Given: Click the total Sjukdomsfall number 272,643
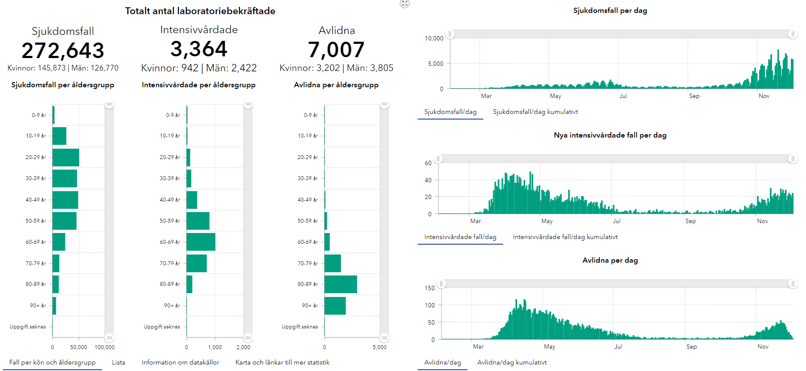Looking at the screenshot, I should coord(63,51).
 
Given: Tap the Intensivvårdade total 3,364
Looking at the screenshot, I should coord(199,49).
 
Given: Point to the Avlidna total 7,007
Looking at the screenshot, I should coord(336,50).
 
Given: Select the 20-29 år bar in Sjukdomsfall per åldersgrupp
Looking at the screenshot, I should coord(66,157).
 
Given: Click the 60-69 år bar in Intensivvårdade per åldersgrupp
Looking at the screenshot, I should coord(201,242).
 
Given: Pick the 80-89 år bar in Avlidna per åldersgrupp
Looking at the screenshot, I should coord(340,284).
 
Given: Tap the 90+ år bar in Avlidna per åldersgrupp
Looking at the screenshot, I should coord(335,306).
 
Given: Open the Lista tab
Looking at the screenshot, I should coord(119,362).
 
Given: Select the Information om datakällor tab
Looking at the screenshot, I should coord(181,362).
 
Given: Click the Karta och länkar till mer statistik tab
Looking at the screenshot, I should coord(282,362).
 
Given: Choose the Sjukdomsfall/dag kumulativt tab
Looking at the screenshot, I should coord(535,112).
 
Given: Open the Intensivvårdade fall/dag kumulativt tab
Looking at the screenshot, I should coord(565,237).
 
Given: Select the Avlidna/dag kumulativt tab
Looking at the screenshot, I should coord(512,362).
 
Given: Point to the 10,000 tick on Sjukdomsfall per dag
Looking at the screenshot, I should coord(434,38).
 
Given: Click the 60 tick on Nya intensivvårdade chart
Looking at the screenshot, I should coord(428,163).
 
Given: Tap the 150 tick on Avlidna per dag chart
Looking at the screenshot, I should coord(430,288).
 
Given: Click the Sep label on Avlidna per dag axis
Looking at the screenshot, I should coord(691,346).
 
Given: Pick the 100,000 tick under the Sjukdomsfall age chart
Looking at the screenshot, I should coord(104,347).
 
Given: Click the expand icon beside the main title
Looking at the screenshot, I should coord(405,4).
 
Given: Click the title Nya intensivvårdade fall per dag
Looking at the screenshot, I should coord(610,135).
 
